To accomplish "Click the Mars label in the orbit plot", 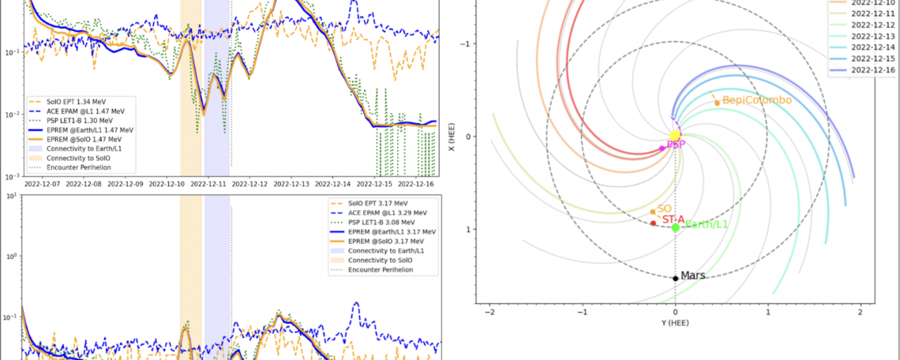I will (692, 276).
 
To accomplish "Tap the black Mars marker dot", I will (675, 278).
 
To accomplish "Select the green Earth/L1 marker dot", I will (675, 227).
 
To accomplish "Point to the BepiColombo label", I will (756, 100).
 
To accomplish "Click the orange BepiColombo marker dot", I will (717, 103).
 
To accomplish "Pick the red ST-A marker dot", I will (653, 223).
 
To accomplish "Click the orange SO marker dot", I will (653, 212).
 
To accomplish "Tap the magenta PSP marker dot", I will (662, 148).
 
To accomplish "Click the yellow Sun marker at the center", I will (675, 136).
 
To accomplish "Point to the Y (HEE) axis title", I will (675, 324).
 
